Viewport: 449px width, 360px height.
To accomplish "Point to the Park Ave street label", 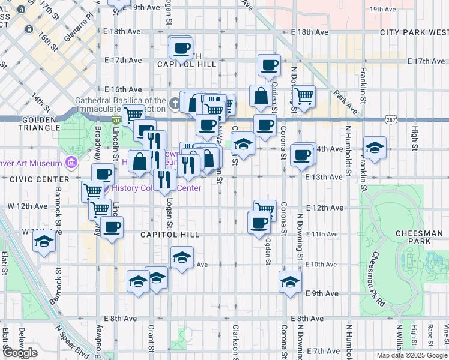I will click(347, 103).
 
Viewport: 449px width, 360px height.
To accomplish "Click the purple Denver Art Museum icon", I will click(71, 163).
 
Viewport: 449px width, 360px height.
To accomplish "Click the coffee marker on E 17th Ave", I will click(269, 65).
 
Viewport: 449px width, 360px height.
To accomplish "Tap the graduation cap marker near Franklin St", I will click(374, 148).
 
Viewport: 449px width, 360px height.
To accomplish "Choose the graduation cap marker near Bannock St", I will click(44, 242).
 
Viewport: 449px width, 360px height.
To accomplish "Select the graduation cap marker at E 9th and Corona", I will click(290, 282).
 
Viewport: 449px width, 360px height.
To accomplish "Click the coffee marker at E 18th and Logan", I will click(181, 48).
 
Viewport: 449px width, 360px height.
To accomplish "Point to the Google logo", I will click(20, 353).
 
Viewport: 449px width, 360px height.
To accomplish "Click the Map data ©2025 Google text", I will click(412, 355).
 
